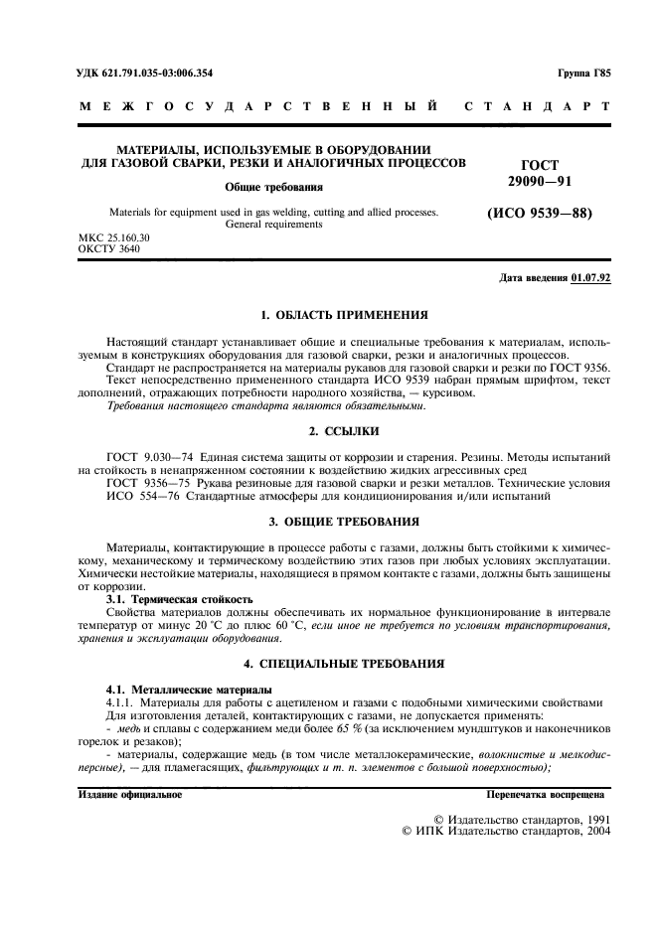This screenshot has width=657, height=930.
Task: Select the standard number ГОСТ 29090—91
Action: click(540, 172)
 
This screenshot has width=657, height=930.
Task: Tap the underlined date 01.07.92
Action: click(591, 278)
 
